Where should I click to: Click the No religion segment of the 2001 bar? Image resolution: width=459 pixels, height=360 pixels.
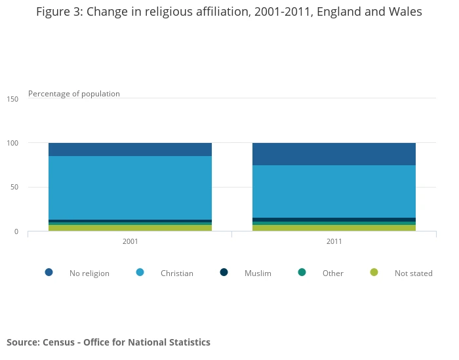pyautogui.click(x=130, y=150)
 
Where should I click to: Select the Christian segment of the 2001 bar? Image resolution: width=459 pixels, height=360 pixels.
pyautogui.click(x=130, y=188)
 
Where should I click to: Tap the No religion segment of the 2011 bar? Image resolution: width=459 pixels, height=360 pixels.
pyautogui.click(x=334, y=154)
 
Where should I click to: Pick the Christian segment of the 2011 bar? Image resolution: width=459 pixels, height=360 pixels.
pyautogui.click(x=334, y=191)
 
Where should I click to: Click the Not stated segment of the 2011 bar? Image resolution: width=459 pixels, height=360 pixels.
pyautogui.click(x=334, y=228)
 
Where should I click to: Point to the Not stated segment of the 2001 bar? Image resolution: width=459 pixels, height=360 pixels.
pyautogui.click(x=130, y=228)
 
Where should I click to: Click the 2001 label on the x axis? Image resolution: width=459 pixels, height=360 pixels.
pyautogui.click(x=130, y=241)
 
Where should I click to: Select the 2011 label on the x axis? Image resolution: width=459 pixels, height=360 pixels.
pyautogui.click(x=334, y=241)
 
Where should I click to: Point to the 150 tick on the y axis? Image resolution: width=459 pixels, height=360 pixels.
pyautogui.click(x=13, y=98)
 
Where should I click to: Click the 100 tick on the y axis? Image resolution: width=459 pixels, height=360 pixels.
pyautogui.click(x=13, y=143)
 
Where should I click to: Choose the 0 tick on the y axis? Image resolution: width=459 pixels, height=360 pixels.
pyautogui.click(x=16, y=231)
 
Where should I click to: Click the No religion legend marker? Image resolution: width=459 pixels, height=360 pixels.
pyautogui.click(x=49, y=272)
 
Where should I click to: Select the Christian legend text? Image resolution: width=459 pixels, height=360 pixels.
pyautogui.click(x=176, y=273)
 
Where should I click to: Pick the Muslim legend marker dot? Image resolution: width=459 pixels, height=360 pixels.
pyautogui.click(x=224, y=272)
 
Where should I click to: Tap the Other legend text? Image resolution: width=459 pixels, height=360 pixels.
pyautogui.click(x=332, y=273)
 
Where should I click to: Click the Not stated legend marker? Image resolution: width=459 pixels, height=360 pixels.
pyautogui.click(x=374, y=272)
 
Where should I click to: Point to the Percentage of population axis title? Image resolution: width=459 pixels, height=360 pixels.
pyautogui.click(x=74, y=94)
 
